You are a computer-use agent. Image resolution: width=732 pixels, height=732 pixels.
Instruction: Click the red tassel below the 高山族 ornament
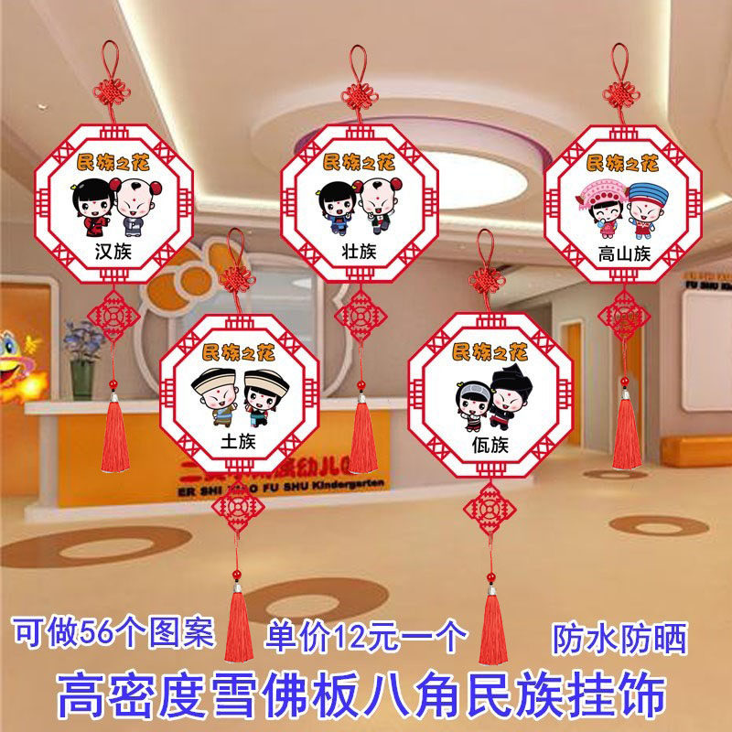tap(627, 430)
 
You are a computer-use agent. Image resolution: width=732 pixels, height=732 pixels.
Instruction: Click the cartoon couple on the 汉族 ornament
tap(113, 204)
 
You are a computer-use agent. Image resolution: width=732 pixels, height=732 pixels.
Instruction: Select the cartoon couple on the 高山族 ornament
tap(622, 206)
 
